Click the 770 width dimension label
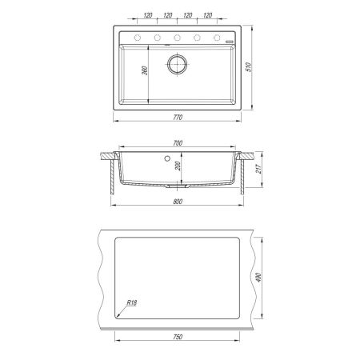[178, 118]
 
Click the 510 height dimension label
[248, 67]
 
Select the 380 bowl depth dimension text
[145, 70]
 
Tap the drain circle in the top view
[177, 64]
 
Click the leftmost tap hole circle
[138, 38]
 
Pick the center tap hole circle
[177, 38]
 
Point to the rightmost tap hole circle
[217, 38]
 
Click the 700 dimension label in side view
[178, 143]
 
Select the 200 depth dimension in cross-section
[178, 166]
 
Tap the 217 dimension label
[258, 169]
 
